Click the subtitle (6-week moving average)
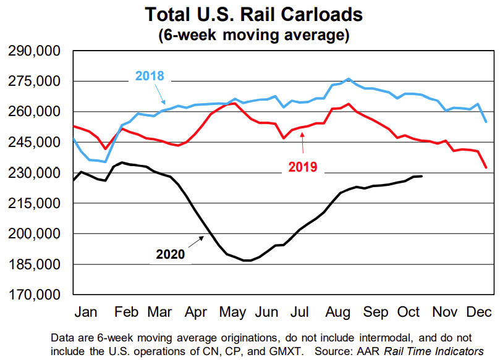tap(253, 35)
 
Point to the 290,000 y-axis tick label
tap(35, 51)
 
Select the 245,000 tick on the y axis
tap(35, 143)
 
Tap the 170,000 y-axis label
tap(35, 295)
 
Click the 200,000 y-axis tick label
tap(35, 234)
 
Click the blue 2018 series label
tap(149, 77)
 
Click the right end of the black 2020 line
tap(422, 177)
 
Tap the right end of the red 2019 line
tap(486, 167)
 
